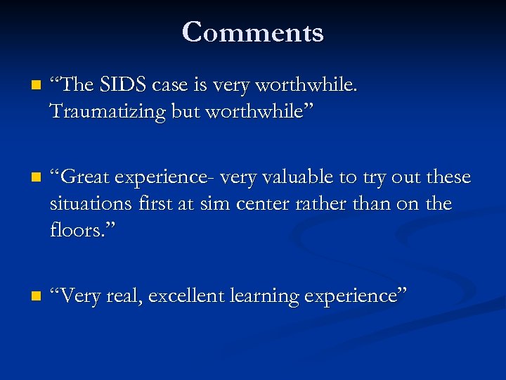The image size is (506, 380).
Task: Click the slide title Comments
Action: (x=253, y=32)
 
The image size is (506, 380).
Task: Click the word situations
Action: (x=91, y=204)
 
